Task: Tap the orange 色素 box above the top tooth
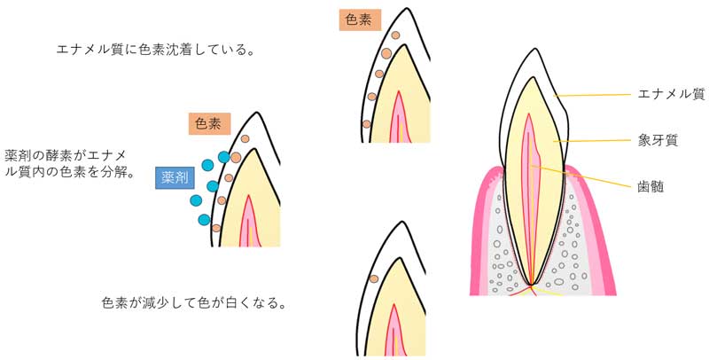pos(360,20)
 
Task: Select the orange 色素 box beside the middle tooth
pos(210,123)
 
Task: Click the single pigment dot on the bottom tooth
pos(375,278)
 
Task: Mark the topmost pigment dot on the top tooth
pos(395,36)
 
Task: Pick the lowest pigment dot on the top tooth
pos(366,123)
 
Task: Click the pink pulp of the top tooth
pos(399,115)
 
